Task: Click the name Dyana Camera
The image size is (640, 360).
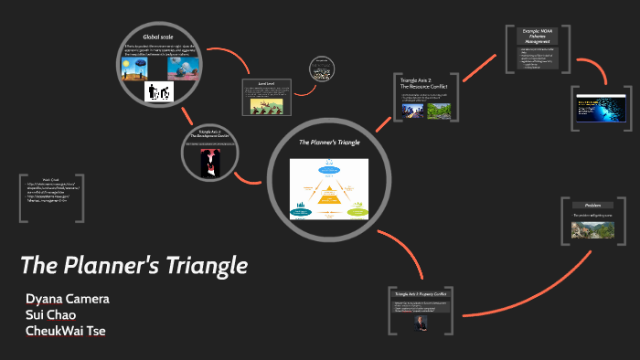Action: click(66, 299)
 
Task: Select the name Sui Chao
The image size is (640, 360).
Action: click(50, 314)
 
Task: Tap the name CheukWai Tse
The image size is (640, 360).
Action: click(66, 330)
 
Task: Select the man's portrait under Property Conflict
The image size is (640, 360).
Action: click(421, 321)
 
